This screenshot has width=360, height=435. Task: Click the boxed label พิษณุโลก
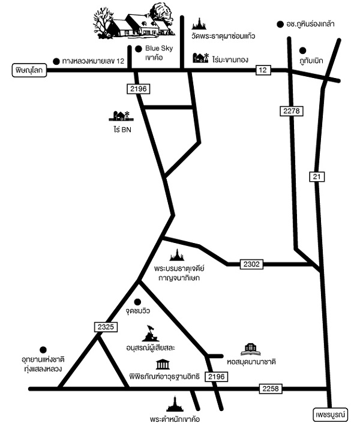point(29,70)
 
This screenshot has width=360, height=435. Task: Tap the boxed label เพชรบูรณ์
point(331,415)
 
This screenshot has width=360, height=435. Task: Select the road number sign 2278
point(292,111)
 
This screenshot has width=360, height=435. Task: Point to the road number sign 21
point(317,177)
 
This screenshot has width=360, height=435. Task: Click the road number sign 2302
point(251,264)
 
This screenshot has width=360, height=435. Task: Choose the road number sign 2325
point(106,327)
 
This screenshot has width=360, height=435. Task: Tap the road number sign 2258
point(271,388)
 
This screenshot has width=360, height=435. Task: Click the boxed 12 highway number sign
point(263,70)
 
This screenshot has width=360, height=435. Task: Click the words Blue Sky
point(159,49)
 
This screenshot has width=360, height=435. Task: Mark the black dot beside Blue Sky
point(139,49)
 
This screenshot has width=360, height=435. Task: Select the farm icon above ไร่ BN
point(121,116)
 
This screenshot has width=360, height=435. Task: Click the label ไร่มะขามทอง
point(230,59)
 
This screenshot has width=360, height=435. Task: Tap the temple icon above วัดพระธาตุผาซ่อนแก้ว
point(199,24)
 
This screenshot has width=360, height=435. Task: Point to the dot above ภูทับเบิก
point(303,50)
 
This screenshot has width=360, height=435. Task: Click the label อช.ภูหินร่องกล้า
point(310,25)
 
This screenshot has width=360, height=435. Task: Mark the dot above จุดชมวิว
point(137,302)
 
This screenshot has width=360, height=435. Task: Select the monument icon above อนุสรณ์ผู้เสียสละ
point(151,333)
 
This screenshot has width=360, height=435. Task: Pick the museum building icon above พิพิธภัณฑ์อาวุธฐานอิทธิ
point(163,364)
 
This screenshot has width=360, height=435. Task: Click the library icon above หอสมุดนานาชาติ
point(250,350)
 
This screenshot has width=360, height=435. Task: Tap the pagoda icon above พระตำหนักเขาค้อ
point(175,404)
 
